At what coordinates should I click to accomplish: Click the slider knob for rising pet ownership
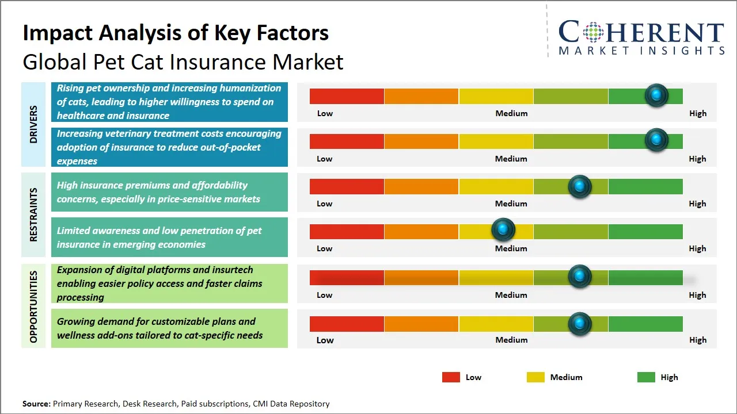tap(656, 95)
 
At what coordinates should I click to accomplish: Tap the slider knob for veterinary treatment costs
tap(656, 140)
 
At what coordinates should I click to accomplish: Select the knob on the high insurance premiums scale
tap(579, 186)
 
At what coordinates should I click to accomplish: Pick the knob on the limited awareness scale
tap(503, 229)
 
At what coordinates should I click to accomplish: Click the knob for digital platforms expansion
tap(579, 276)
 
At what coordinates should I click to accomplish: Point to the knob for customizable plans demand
tap(579, 324)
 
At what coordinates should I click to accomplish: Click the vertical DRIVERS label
tap(33, 124)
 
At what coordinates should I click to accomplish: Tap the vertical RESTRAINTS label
tap(33, 214)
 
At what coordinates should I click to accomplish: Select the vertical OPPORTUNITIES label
tap(33, 306)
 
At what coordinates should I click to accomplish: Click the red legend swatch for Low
tap(451, 377)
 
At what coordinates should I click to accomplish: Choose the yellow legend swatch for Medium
tap(535, 377)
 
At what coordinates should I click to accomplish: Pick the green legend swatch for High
tap(646, 377)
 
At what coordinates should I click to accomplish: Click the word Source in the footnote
tap(36, 404)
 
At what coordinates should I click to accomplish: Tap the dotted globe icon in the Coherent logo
tap(592, 32)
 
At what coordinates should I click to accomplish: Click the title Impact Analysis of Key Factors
tap(176, 33)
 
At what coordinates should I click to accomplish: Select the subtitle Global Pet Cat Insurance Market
tap(183, 62)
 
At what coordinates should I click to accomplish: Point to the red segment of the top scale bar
tap(347, 96)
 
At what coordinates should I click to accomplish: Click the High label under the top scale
tap(697, 113)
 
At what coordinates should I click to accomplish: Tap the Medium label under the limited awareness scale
tap(511, 248)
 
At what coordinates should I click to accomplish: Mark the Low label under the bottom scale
tap(325, 340)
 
